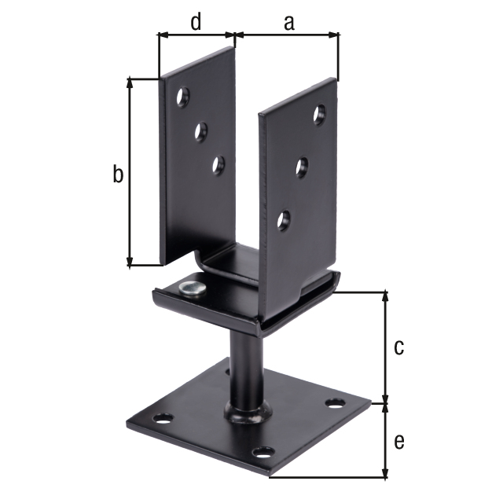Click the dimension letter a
[x=288, y=23]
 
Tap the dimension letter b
[x=117, y=174]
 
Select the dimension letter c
[x=399, y=347]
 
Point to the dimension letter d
[x=196, y=22]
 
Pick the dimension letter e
[x=399, y=442]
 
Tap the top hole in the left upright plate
[x=182, y=97]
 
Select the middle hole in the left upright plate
[x=201, y=130]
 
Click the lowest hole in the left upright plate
[x=218, y=164]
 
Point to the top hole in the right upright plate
[x=320, y=115]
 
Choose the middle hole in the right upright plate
[x=302, y=167]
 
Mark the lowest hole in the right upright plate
[x=284, y=219]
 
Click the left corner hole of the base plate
[x=163, y=418]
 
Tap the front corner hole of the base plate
[x=264, y=453]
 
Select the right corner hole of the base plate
[x=336, y=404]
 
